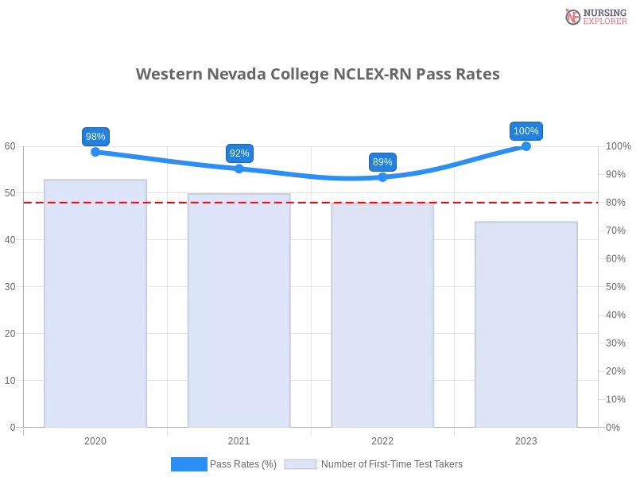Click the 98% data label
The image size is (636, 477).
(x=95, y=136)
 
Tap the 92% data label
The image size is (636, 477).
(x=239, y=153)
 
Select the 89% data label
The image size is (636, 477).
(x=382, y=162)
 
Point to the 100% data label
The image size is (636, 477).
(x=526, y=131)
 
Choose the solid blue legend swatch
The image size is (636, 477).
(x=188, y=463)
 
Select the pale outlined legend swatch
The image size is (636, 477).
(x=301, y=463)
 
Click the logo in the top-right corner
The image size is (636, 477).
(x=594, y=16)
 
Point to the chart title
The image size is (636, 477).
(x=318, y=74)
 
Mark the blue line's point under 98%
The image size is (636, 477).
(x=95, y=151)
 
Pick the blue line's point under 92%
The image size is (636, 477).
(x=239, y=168)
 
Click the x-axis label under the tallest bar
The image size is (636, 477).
(x=95, y=439)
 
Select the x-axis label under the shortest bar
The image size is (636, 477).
(x=525, y=439)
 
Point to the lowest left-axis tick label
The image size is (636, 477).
(x=11, y=427)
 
